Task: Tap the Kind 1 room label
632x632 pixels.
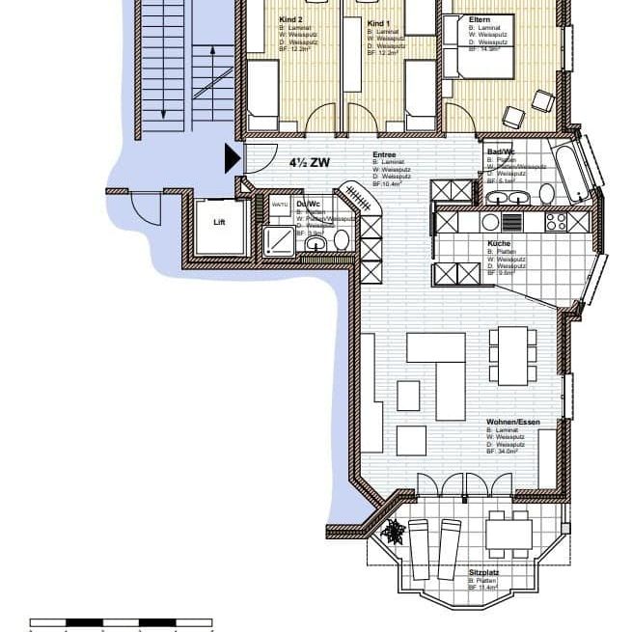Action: pos(378,21)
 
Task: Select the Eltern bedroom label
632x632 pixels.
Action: pos(480,19)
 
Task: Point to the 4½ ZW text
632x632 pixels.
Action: pos(309,163)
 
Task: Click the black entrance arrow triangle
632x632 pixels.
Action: pos(233,158)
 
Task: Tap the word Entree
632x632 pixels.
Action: pos(386,154)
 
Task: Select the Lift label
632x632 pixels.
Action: pos(219,222)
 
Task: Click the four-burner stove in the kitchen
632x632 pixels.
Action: pos(557,221)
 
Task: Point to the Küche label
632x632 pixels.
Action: pos(500,244)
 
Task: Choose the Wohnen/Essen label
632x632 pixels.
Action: pos(513,423)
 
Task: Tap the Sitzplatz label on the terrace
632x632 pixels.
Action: pos(484,572)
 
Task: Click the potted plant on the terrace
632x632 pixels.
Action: pos(394,530)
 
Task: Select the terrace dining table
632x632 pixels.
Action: pos(508,534)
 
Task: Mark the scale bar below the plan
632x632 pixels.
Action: pos(121,622)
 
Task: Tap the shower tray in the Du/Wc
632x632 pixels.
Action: pos(280,239)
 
